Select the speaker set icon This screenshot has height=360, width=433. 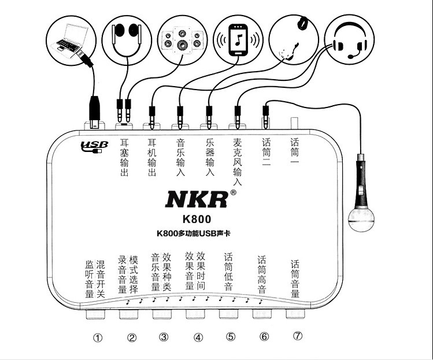point(183,38)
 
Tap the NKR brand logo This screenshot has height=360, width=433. point(196,199)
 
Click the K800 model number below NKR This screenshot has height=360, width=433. point(197,219)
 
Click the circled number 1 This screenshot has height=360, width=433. point(98,337)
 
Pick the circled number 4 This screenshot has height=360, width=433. point(198,337)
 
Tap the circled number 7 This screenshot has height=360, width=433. point(297,336)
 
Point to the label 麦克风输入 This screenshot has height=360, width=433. point(237,161)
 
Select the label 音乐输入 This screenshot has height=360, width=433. point(180,156)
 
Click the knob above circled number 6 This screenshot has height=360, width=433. point(262,314)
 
